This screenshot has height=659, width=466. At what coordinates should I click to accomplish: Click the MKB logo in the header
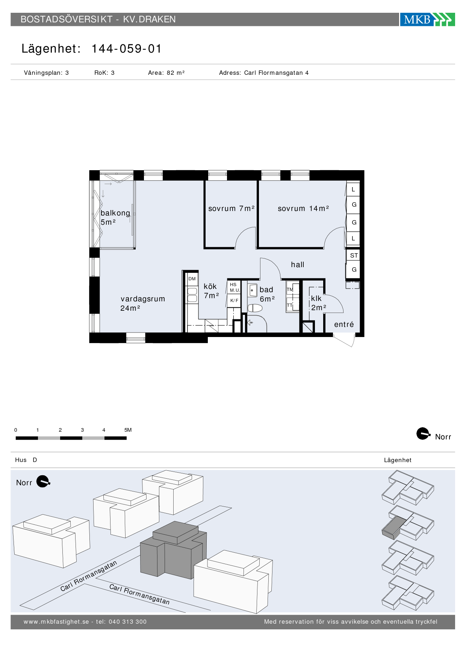[x=427, y=19]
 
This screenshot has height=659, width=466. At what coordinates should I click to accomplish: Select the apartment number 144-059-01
[x=127, y=49]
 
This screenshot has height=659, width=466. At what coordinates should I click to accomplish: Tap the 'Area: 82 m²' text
[x=166, y=73]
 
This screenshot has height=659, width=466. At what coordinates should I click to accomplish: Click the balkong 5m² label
[x=115, y=218]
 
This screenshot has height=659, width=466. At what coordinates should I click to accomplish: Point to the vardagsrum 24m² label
[x=143, y=304]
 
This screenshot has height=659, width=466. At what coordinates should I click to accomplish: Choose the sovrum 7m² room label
[x=231, y=209]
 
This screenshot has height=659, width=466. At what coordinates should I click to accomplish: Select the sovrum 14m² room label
[x=303, y=209]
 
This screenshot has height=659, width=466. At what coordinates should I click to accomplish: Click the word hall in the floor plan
[x=298, y=265]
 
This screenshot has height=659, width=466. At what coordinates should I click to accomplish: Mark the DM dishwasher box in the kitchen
[x=192, y=279]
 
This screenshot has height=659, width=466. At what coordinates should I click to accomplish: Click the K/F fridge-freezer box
[x=234, y=301]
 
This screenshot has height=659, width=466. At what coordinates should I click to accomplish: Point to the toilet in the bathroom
[x=255, y=308]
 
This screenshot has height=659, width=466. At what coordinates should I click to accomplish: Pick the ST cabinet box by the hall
[x=354, y=255]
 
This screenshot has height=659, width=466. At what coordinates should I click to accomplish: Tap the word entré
[x=344, y=325]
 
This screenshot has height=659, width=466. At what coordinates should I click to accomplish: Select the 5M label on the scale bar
[x=128, y=430]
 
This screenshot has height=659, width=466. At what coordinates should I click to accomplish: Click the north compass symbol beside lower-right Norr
[x=424, y=434]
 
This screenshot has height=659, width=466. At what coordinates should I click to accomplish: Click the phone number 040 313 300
[x=127, y=622]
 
